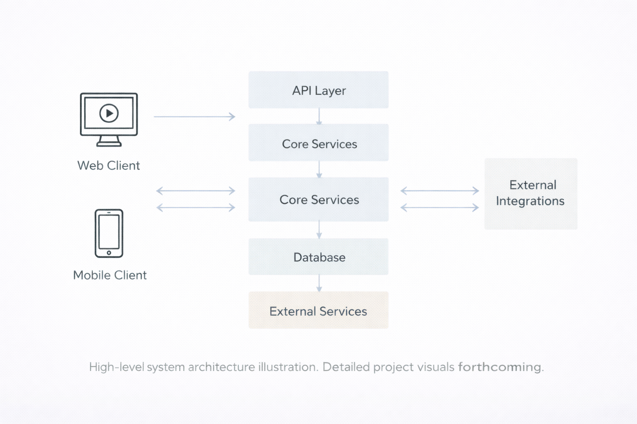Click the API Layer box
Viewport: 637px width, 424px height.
click(x=318, y=90)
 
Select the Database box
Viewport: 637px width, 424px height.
click(x=318, y=257)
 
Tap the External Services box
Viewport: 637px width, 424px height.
click(x=318, y=310)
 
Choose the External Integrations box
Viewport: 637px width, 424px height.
click(x=531, y=193)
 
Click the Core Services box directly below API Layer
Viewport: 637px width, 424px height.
click(x=318, y=143)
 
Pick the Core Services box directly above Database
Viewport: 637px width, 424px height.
click(x=318, y=199)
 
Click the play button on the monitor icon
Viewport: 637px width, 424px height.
click(x=109, y=113)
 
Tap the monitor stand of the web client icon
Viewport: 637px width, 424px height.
click(x=109, y=142)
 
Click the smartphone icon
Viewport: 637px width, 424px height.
click(x=109, y=233)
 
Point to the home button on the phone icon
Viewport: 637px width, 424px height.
click(x=109, y=253)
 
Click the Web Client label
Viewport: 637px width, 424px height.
click(x=109, y=166)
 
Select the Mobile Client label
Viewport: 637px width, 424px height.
click(x=110, y=275)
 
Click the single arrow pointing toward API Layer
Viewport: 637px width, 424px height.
click(x=194, y=117)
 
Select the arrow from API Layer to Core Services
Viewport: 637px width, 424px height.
click(x=319, y=116)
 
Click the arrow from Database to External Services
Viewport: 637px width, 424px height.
click(x=319, y=283)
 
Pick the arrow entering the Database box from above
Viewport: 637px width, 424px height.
click(x=319, y=230)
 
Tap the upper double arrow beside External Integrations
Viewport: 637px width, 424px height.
click(x=440, y=191)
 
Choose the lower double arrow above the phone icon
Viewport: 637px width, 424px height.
click(x=196, y=207)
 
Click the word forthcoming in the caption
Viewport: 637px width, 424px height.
click(x=500, y=367)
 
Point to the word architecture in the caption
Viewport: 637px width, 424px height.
click(x=221, y=367)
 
